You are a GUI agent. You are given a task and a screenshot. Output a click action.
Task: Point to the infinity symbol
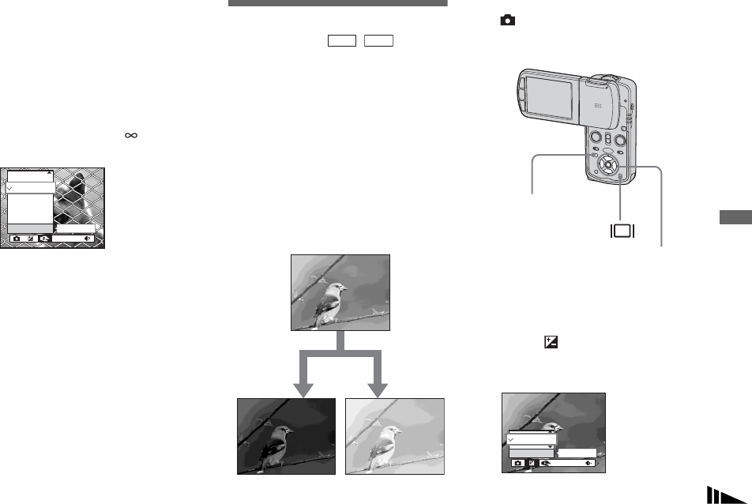pos(131,136)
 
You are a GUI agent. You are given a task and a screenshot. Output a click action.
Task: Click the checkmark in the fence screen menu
pos(10,190)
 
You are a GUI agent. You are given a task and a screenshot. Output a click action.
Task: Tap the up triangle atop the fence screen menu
pos(48,171)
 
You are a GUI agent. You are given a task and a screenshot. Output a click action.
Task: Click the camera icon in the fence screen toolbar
pos(17,238)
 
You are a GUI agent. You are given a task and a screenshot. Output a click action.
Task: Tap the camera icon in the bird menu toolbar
pos(518,464)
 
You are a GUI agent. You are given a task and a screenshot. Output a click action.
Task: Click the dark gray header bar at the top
pos(337,3)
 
